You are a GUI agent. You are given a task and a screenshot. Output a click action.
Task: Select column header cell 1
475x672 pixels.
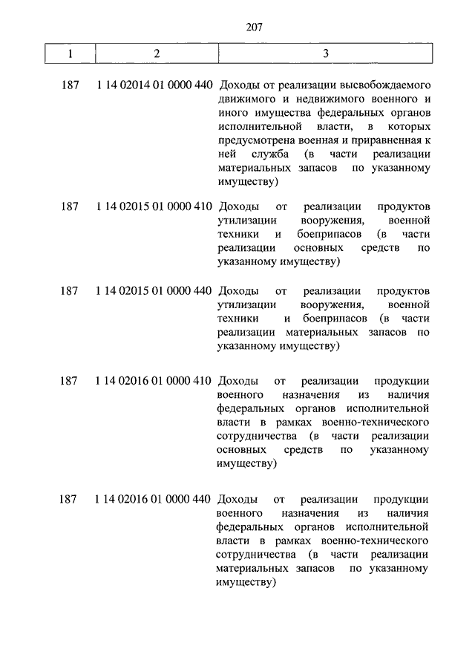click(69, 54)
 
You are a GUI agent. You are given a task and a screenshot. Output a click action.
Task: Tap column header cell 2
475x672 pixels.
click(156, 54)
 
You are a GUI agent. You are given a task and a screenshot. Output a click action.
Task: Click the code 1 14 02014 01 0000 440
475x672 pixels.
click(154, 86)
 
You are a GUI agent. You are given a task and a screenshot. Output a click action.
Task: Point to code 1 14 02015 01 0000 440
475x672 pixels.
click(154, 291)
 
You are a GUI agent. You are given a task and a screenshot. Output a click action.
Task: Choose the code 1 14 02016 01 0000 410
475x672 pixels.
click(154, 382)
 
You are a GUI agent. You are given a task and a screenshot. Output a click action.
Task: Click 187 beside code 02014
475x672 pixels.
click(69, 86)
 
